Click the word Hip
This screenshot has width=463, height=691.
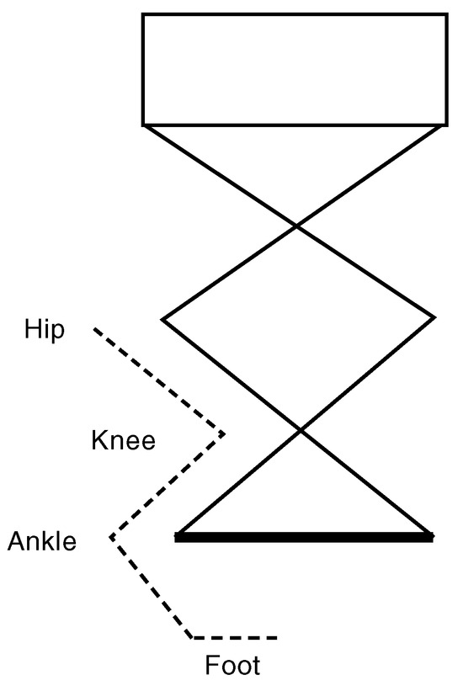[44, 330]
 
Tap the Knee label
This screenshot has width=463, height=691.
[124, 440]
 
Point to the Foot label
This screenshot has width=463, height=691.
[232, 665]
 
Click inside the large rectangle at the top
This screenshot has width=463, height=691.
[295, 70]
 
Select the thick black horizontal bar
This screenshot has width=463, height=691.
[304, 537]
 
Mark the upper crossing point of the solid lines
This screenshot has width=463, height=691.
[295, 226]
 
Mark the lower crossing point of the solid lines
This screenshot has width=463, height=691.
[301, 430]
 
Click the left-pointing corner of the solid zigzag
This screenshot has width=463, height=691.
[162, 319]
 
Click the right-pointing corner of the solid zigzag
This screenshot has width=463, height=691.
[434, 317]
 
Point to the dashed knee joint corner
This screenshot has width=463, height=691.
[225, 434]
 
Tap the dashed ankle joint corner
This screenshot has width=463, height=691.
[110, 537]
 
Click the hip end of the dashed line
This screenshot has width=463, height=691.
[94, 329]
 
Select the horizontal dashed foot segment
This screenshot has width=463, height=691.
[235, 638]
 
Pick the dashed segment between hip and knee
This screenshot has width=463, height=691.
[160, 381]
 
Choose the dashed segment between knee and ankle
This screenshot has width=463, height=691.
[168, 485]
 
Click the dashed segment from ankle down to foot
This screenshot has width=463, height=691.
[152, 587]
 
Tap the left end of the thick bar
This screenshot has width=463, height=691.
[175, 537]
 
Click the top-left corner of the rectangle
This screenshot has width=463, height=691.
[143, 14]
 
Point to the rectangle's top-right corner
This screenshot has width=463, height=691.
[447, 14]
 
